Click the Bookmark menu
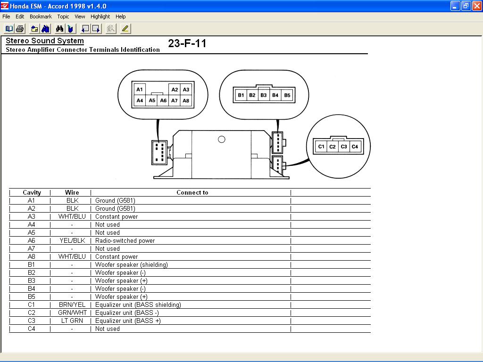point(41,16)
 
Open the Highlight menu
point(100,16)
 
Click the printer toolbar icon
point(20,29)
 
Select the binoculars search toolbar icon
point(59,29)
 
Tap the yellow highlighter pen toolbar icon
point(125,29)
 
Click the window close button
point(477,6)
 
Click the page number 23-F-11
point(187,43)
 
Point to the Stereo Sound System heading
point(45,41)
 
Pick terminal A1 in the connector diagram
point(140,90)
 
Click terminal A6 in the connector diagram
point(163,100)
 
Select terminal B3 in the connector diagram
point(264,95)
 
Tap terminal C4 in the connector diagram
point(355,147)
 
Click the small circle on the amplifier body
point(222,140)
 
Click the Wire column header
point(72,192)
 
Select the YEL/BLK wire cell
point(72,240)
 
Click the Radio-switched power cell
point(125,240)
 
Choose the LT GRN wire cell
point(72,321)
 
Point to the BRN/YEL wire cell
point(72,304)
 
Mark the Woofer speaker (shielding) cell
point(132,264)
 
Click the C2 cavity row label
point(32,313)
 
